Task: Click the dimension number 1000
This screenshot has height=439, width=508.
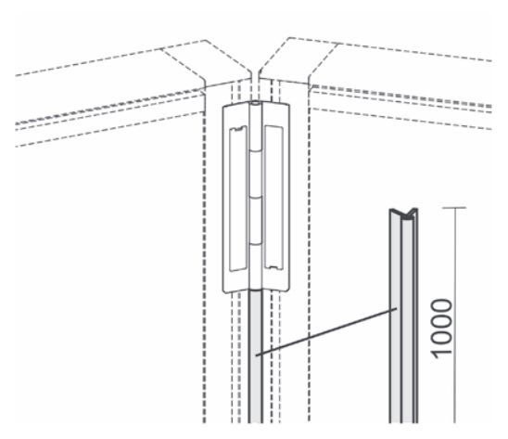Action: pyautogui.click(x=441, y=329)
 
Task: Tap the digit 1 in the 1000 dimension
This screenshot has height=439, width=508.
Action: pyautogui.click(x=441, y=354)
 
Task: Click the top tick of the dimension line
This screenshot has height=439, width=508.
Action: pyautogui.click(x=454, y=208)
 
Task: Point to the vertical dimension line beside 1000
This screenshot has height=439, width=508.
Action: pyautogui.click(x=455, y=315)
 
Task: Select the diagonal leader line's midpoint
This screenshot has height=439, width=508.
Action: pyautogui.click(x=326, y=332)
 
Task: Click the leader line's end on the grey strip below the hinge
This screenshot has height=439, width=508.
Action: pyautogui.click(x=256, y=356)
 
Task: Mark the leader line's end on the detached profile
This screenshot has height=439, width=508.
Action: pyautogui.click(x=397, y=309)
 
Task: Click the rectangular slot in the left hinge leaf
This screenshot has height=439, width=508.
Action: pyautogui.click(x=238, y=199)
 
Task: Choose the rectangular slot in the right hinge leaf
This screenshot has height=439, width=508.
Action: pyautogui.click(x=274, y=197)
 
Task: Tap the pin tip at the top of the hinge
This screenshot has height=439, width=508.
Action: pyautogui.click(x=256, y=103)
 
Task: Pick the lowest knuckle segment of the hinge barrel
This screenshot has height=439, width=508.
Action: pyautogui.click(x=256, y=266)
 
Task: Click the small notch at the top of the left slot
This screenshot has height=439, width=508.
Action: pyautogui.click(x=238, y=129)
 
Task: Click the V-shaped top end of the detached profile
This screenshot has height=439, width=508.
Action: pyautogui.click(x=403, y=213)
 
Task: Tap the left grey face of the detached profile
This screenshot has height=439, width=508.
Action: pyautogui.click(x=395, y=318)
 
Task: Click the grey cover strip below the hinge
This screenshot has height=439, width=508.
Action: pyautogui.click(x=256, y=356)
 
